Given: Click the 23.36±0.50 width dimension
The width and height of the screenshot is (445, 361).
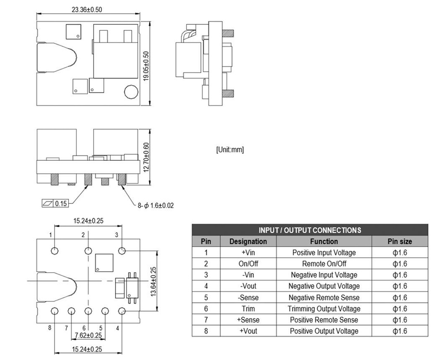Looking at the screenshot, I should [87, 10].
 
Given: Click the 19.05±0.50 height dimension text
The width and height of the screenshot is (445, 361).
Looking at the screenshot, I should [146, 66].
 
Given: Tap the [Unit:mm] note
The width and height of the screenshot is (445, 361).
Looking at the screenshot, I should [230, 149].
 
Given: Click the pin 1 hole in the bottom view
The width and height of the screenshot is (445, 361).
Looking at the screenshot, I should [55, 251].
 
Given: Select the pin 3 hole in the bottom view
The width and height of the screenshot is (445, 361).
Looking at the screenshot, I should [122, 251].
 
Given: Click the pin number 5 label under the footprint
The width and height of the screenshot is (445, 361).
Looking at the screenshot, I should [101, 328].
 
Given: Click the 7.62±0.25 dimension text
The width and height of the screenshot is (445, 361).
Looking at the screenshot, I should [88, 335].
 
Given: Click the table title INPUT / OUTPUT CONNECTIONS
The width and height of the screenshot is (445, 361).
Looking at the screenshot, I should [309, 230].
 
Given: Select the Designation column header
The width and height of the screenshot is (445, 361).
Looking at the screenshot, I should [248, 242].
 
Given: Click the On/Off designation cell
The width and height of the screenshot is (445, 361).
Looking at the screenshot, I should [248, 264].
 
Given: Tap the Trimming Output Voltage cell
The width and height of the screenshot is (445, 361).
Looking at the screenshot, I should [324, 309].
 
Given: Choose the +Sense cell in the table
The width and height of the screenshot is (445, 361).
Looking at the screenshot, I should [248, 320].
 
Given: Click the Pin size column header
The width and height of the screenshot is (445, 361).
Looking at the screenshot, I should [399, 242].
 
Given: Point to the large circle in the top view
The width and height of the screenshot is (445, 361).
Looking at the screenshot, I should [131, 92].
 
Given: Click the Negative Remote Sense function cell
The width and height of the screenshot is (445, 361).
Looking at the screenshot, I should [324, 298].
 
